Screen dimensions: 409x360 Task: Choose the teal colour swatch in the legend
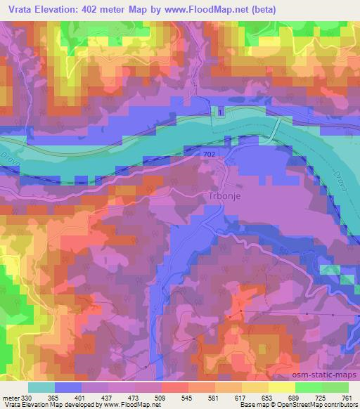point(41,387)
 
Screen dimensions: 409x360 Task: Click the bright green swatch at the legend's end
point(335,387)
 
